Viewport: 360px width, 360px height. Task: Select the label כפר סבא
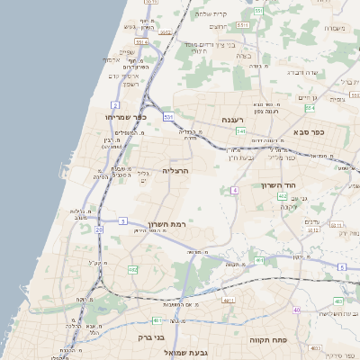(x=309, y=131)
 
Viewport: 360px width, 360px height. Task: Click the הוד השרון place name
(x=280, y=185)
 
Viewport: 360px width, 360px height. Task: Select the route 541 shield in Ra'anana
(x=241, y=131)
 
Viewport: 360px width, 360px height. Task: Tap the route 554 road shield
(x=310, y=108)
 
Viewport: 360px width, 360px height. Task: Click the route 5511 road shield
(x=257, y=11)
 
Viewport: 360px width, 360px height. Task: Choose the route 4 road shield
(x=234, y=190)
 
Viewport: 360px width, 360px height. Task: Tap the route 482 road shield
(x=132, y=269)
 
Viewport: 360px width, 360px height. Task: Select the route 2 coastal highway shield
(x=116, y=105)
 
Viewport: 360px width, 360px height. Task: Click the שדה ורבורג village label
(x=301, y=72)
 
